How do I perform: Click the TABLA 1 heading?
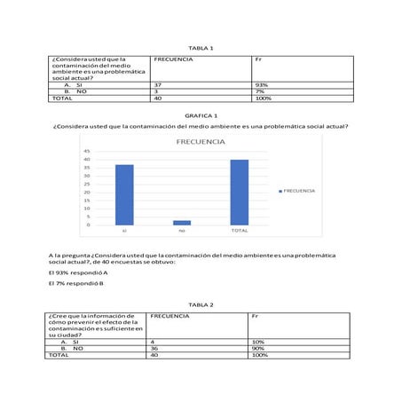(x=201, y=47)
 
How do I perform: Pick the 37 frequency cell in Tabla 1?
(x=158, y=85)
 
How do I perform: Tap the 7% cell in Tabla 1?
(x=260, y=91)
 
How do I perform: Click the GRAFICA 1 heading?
(x=201, y=116)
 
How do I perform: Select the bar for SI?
(x=124, y=194)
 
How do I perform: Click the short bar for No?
(x=182, y=223)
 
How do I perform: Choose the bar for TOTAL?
(x=239, y=193)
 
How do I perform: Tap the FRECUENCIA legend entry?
(x=298, y=191)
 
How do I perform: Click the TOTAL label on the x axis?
(x=239, y=231)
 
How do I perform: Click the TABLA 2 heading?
(x=201, y=304)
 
